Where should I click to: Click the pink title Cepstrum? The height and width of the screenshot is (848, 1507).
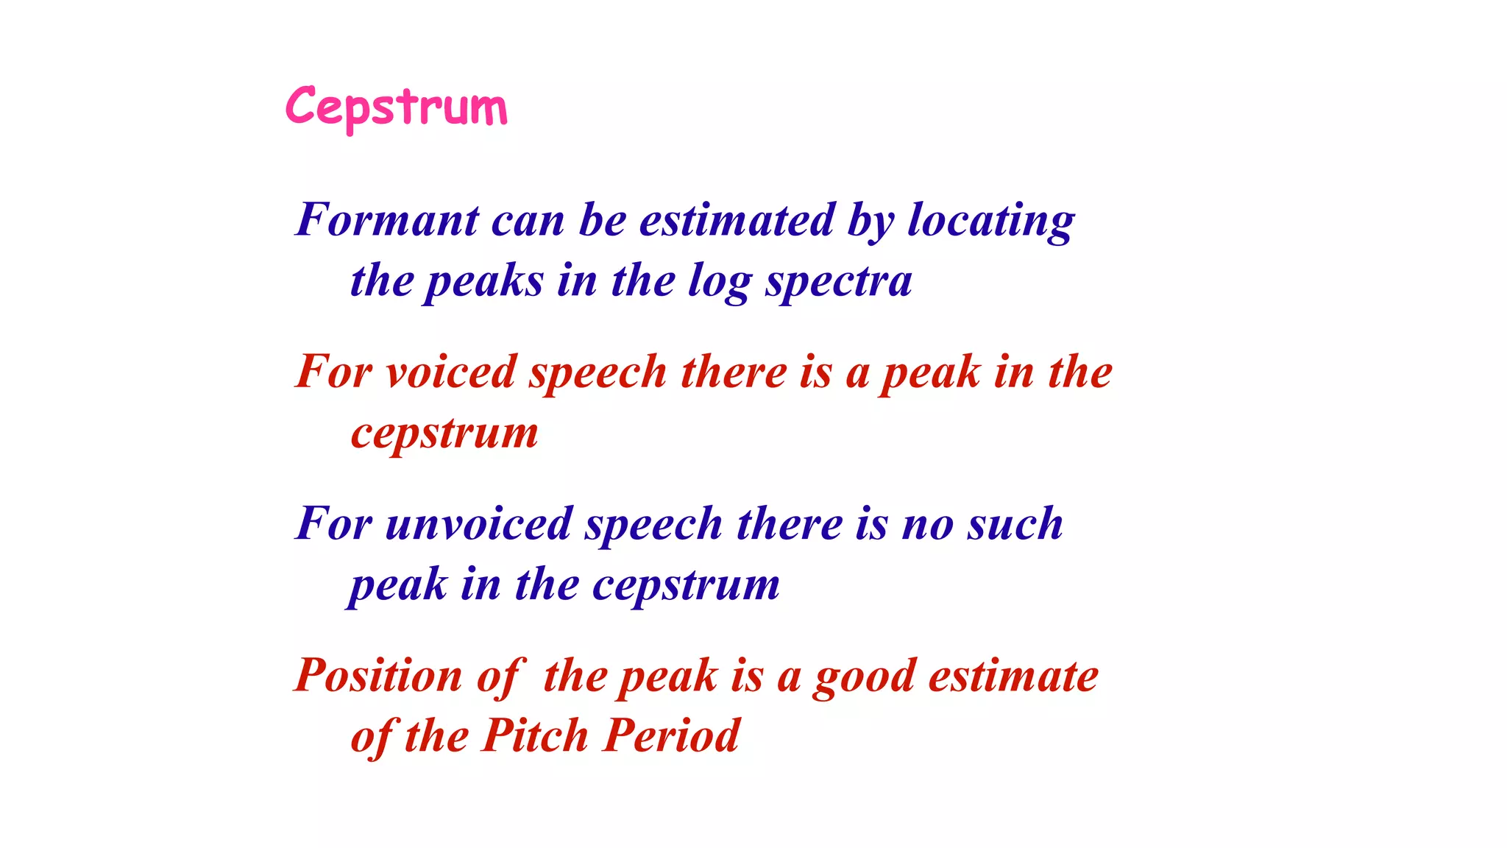(396, 107)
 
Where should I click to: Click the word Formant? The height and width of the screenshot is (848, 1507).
(387, 220)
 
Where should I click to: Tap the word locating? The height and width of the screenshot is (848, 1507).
(990, 220)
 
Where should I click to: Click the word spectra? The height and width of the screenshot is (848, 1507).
(838, 283)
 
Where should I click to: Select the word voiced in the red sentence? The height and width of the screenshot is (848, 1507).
(450, 372)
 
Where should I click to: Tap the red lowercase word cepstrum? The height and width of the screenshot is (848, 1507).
(444, 434)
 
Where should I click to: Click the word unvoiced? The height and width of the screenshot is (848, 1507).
(478, 524)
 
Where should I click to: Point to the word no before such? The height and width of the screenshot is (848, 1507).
(927, 524)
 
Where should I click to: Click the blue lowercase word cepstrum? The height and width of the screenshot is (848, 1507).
(686, 586)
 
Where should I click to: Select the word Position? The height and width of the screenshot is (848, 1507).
(378, 676)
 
